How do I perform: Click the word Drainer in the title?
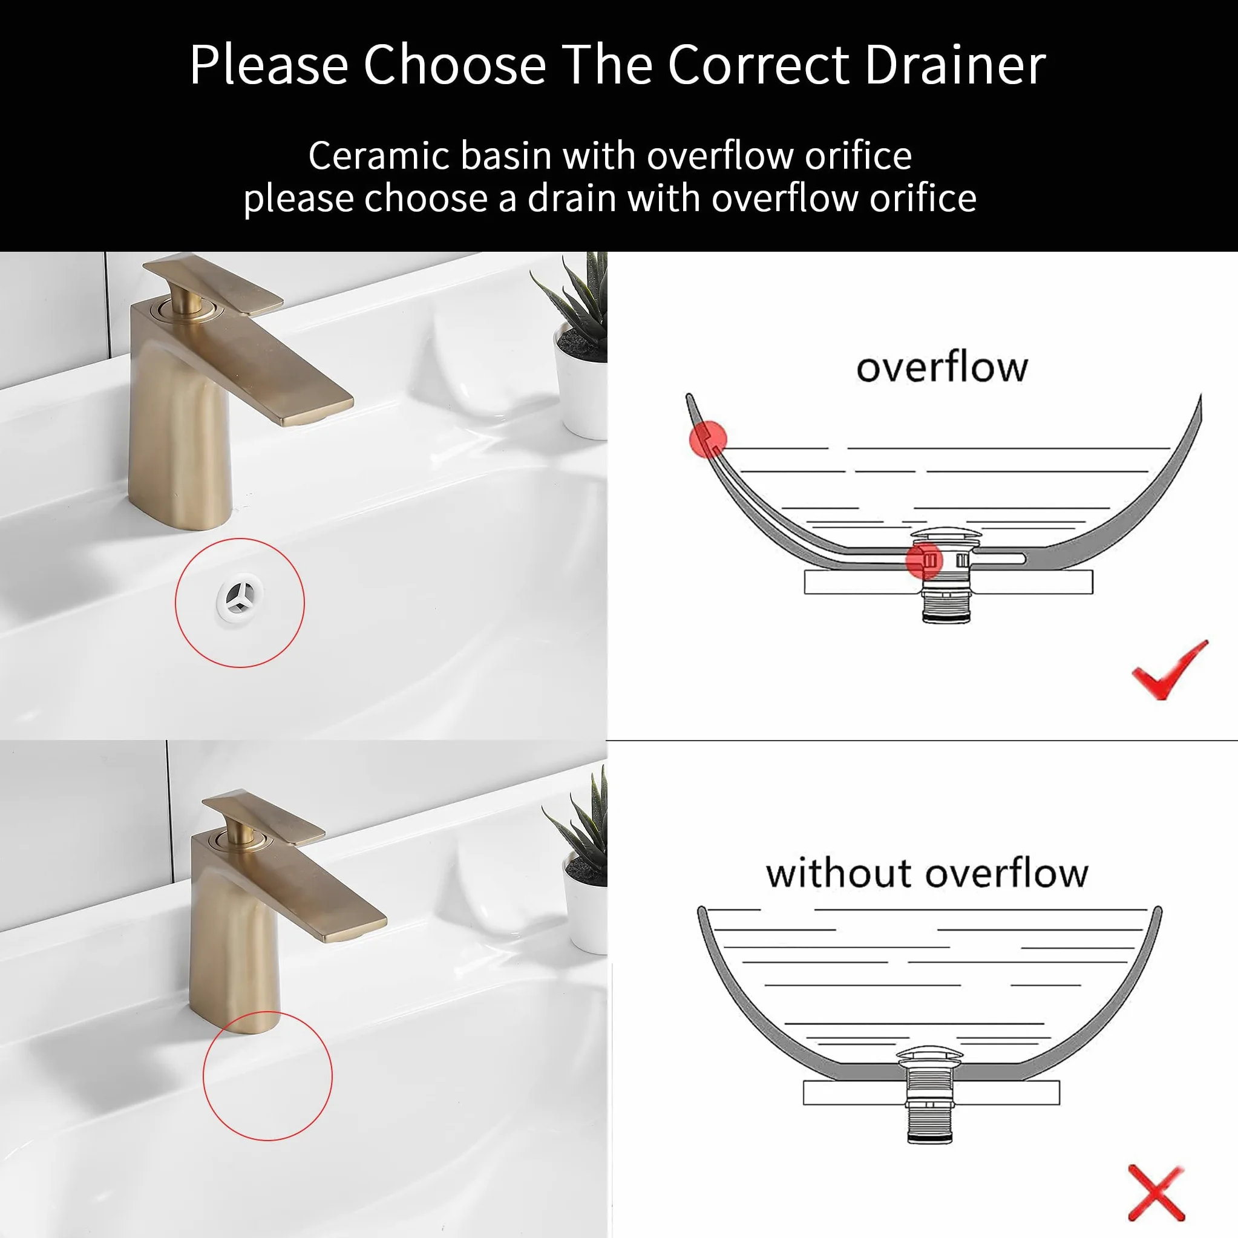955,65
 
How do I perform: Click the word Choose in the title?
454,65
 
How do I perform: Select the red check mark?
1169,670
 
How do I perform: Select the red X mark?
1158,1193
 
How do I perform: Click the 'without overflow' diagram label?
927,873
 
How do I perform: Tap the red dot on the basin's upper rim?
707,439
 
